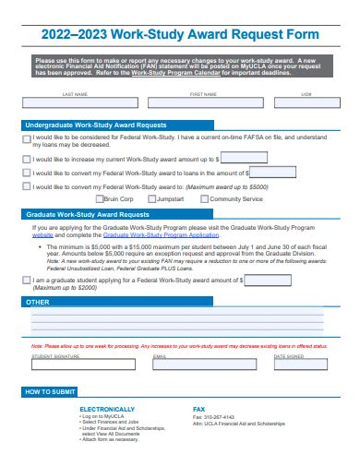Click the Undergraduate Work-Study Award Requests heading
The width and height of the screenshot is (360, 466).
(96, 124)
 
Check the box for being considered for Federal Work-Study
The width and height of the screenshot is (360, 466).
(27, 139)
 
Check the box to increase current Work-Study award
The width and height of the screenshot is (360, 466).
(27, 159)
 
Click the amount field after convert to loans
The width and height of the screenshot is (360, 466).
(273, 172)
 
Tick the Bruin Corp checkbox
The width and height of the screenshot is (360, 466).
(99, 198)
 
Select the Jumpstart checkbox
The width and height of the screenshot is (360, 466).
(151, 198)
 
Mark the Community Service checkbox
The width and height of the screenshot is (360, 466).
(204, 198)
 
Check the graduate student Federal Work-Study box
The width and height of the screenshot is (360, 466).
(27, 280)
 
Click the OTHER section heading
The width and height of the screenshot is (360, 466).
(38, 302)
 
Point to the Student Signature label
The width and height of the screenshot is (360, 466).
(55, 355)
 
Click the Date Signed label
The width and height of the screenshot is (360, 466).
(288, 355)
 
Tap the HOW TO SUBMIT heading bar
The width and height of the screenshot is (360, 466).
(51, 392)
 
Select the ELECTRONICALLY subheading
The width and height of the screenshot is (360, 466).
(113, 408)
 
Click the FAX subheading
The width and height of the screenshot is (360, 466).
(198, 408)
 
